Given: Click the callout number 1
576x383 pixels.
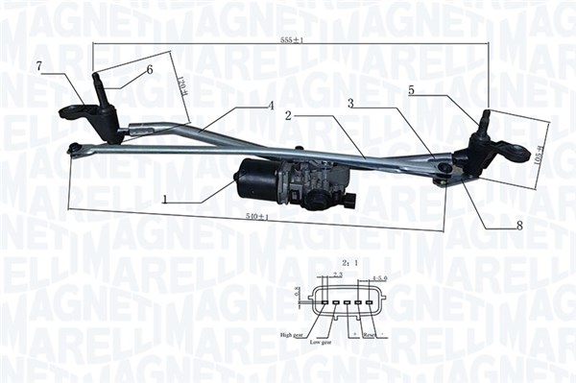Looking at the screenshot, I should point(165,201).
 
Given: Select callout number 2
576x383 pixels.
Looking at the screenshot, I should point(288,115).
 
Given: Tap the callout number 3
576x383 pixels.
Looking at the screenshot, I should point(350,103).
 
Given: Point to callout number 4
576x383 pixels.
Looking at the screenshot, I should point(272,105).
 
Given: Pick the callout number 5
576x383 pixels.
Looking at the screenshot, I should point(411,90).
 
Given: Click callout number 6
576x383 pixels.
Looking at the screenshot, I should point(150,70).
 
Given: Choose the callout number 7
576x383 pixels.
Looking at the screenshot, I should point(38,65).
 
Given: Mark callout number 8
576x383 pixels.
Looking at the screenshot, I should point(519,227).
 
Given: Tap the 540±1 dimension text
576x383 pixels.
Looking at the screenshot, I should point(252,219).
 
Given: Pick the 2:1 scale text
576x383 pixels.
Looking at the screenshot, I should point(348,261).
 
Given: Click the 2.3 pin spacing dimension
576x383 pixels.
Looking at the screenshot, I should point(337,275).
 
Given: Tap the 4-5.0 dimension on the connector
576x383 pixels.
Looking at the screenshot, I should point(378,275).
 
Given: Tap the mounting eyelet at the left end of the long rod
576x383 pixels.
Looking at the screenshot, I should point(74,148).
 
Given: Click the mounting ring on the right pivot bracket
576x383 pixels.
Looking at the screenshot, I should point(517,153).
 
